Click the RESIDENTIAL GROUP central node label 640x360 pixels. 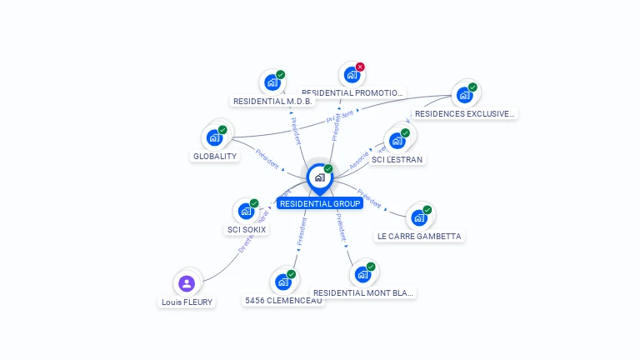(320, 203)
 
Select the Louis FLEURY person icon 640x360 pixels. (187, 283)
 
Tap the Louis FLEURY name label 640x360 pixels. (187, 302)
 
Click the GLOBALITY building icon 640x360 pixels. (215, 137)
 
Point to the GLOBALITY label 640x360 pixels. (215, 156)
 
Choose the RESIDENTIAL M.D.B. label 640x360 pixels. (272, 101)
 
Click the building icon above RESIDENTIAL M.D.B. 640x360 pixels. (271, 82)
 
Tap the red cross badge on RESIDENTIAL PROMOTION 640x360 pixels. (360, 67)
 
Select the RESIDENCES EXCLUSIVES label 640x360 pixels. (464, 113)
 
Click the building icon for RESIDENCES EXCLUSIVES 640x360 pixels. (464, 94)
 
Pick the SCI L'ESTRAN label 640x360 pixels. (397, 159)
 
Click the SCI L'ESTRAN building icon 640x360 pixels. (397, 140)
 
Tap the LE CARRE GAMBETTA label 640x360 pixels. (419, 236)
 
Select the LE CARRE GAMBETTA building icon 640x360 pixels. (418, 217)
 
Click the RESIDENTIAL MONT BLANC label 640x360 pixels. (362, 292)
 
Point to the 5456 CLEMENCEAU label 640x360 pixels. (283, 300)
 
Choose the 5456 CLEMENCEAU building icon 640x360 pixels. (282, 282)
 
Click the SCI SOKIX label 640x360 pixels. (247, 229)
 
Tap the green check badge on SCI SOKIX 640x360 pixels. (254, 203)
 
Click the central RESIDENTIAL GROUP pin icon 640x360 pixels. (319, 177)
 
